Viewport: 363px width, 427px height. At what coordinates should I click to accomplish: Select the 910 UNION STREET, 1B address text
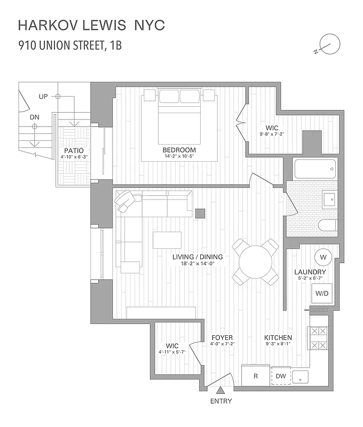[70, 45]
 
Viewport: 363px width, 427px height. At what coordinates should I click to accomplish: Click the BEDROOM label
[179, 150]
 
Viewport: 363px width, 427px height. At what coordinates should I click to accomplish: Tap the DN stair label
[34, 116]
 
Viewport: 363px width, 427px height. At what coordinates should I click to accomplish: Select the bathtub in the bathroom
[315, 169]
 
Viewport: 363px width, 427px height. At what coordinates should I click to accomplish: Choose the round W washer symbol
[323, 257]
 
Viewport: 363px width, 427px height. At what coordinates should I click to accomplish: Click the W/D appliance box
[322, 293]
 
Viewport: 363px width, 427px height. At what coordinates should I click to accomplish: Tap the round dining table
[256, 262]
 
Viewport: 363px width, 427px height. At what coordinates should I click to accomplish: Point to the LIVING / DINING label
[198, 257]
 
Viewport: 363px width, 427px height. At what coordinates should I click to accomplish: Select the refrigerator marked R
[256, 376]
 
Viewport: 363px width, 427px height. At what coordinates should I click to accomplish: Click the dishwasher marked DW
[281, 376]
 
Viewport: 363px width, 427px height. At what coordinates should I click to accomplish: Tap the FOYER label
[222, 337]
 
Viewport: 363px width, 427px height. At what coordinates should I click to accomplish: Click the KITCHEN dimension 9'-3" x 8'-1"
[278, 344]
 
